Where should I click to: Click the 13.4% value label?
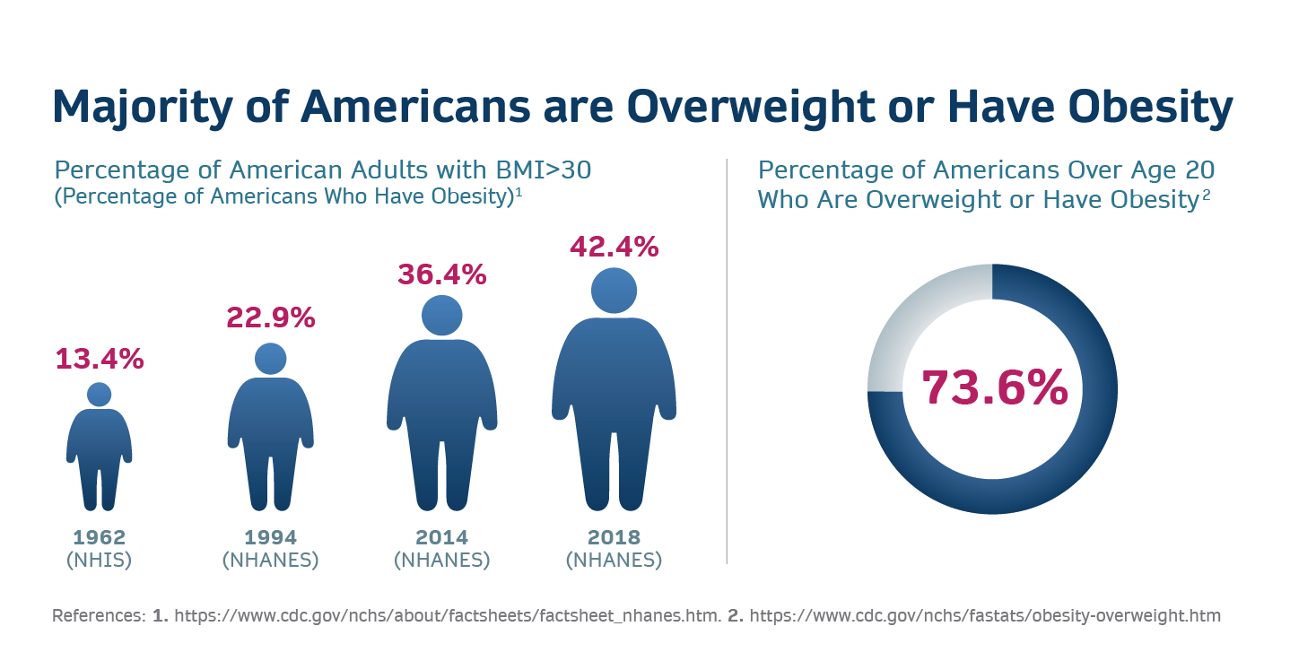[x=100, y=359]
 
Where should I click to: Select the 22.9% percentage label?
[x=270, y=317]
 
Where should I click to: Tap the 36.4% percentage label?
[x=441, y=274]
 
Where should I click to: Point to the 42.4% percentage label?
[x=614, y=246]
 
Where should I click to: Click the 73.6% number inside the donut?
[x=994, y=387]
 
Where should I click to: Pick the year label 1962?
[x=100, y=538]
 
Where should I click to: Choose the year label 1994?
[x=270, y=538]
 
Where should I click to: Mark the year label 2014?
[x=441, y=538]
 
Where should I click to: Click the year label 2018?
[x=614, y=538]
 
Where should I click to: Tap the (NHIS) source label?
[x=100, y=561]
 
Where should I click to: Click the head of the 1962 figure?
[x=100, y=395]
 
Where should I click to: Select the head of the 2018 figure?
[x=614, y=291]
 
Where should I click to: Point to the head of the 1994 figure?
[x=270, y=359]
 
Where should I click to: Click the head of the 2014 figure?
[x=441, y=316]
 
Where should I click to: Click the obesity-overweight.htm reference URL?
[x=985, y=616]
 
